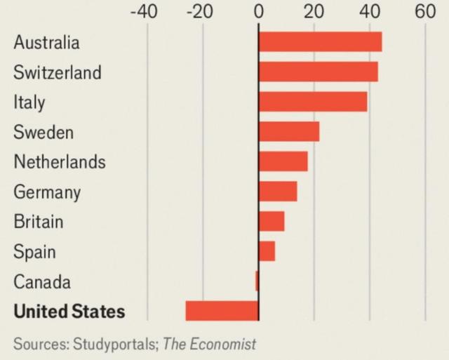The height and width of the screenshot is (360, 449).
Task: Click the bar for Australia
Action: pos(320,41)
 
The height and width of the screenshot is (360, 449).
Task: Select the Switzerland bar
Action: pos(318,72)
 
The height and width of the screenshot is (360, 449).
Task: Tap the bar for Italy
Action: pos(313,102)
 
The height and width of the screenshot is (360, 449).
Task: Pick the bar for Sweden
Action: pos(289,131)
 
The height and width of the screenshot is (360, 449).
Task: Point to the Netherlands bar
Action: pos(283,161)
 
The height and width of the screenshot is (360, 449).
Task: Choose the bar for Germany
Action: pos(278,191)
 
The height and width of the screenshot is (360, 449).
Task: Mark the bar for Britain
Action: pos(272,221)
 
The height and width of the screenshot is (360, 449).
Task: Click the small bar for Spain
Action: pos(267,251)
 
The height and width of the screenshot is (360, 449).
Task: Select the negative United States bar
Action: pos(222,310)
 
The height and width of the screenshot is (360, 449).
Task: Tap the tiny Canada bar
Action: pos(257,281)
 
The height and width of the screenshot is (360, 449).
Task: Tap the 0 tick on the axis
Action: pos(258,11)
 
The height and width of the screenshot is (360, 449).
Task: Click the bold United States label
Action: pos(69,311)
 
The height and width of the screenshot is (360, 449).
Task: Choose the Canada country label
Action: pos(42,281)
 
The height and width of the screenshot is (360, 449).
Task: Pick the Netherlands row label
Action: pos(60,162)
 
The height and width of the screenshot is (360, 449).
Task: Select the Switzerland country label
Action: pos(58,72)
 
